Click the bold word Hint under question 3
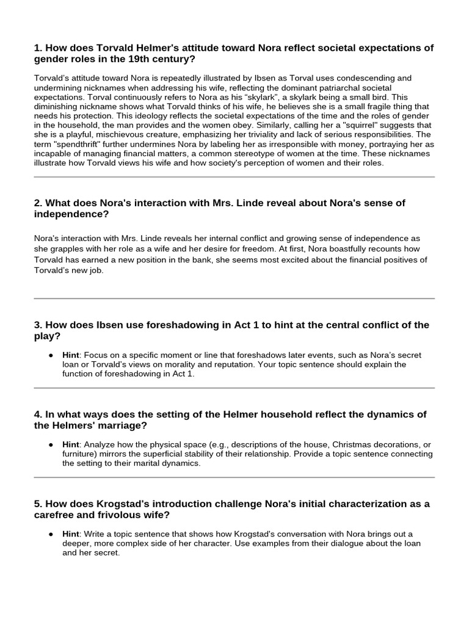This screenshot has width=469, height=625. [x=71, y=355]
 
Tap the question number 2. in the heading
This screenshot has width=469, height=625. [x=38, y=203]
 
